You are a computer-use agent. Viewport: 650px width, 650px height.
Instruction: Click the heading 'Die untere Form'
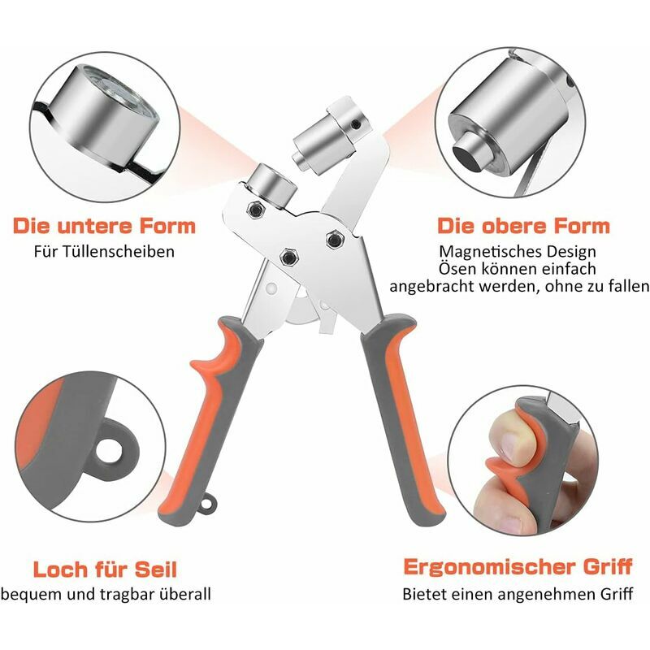104,226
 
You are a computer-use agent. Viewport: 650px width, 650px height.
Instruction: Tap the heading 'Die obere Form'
523,227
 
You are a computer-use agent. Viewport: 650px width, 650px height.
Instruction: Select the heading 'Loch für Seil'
105,570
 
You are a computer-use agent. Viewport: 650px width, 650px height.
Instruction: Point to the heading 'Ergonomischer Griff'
518,566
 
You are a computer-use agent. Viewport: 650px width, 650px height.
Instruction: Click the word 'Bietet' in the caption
424,594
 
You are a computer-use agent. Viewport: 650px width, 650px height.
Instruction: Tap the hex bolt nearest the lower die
255,210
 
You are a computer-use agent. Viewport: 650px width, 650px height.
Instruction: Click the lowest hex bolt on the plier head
288,258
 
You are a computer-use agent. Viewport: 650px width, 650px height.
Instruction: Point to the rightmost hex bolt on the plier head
335,239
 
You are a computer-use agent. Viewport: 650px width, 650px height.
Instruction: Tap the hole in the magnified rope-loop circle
110,452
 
